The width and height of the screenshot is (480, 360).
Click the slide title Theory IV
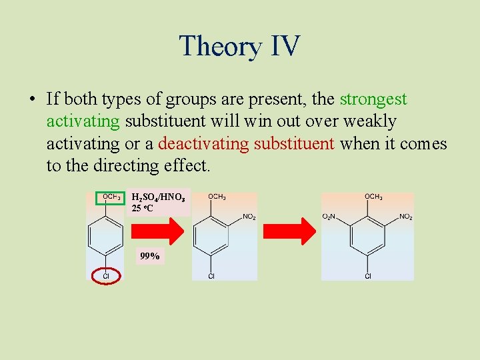coord(240,46)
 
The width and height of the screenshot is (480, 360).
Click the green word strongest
coord(373,99)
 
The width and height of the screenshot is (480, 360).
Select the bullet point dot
coord(31,100)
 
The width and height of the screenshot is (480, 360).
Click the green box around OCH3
coord(111,197)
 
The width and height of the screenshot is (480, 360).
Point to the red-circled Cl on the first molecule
coord(105,275)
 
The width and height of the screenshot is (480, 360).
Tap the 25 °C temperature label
coord(144,209)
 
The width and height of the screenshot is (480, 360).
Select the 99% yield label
coord(150,256)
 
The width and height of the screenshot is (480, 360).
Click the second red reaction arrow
coord(289,231)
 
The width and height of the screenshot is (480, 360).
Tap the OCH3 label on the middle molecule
coord(217,197)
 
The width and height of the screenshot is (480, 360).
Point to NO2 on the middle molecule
coord(249,217)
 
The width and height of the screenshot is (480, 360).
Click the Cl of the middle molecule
coord(211,276)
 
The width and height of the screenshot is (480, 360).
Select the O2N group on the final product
coord(329,217)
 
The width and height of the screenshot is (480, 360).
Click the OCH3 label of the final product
coord(373,197)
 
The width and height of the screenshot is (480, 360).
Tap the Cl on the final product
coord(367,276)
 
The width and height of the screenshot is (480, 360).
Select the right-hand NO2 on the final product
coord(405,217)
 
